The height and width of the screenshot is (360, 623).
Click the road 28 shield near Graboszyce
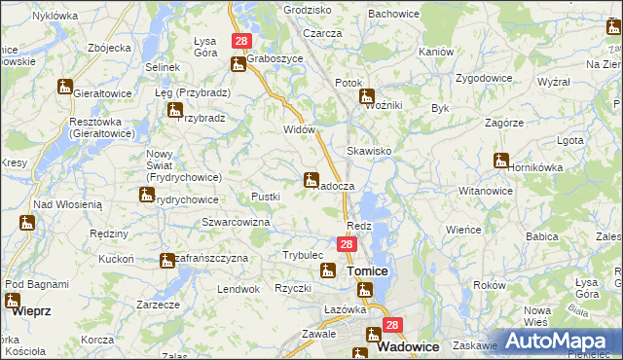[241, 42]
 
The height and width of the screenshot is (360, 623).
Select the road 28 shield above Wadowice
[391, 326]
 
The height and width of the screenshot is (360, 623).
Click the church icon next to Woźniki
[368, 96]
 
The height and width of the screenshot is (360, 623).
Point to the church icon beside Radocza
[311, 179]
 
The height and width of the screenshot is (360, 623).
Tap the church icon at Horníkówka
[501, 161]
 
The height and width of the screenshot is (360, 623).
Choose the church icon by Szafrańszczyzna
[166, 260]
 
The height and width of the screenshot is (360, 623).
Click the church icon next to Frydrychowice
[146, 195]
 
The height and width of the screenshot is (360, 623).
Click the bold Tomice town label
[368, 271]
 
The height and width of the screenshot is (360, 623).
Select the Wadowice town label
[407, 347]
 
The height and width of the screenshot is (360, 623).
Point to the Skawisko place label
[369, 152]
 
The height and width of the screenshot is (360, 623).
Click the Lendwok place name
[238, 289]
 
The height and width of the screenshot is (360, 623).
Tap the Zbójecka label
[109, 47]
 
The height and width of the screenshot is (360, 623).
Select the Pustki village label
[266, 197]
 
